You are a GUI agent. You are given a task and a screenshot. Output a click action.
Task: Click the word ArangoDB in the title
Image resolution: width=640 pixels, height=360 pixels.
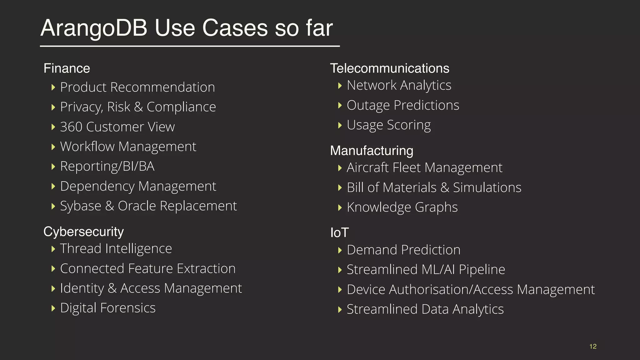click(94, 28)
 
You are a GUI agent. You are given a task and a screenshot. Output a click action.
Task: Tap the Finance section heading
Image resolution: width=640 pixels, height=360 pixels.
click(67, 68)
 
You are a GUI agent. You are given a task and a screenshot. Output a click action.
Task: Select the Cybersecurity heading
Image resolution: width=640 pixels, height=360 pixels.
click(83, 232)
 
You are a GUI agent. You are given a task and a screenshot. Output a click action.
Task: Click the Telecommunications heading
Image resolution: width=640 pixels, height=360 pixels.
click(389, 68)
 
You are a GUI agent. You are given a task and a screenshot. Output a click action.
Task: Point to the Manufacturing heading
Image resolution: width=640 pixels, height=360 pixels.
click(372, 151)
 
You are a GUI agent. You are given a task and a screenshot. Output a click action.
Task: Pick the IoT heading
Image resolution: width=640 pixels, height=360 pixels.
click(339, 233)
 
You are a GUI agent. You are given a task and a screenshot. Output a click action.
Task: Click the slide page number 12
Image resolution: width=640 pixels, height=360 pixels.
click(593, 346)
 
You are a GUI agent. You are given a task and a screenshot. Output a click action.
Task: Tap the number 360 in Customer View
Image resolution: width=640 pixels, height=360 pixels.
click(71, 127)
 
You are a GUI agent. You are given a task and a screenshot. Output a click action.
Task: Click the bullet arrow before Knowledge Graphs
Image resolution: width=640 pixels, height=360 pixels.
click(340, 207)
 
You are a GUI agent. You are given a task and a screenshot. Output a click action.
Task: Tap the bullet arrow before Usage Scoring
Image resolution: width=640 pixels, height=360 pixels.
click(340, 125)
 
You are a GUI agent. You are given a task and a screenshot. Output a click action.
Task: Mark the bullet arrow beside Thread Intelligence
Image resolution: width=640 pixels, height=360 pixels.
click(53, 249)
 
